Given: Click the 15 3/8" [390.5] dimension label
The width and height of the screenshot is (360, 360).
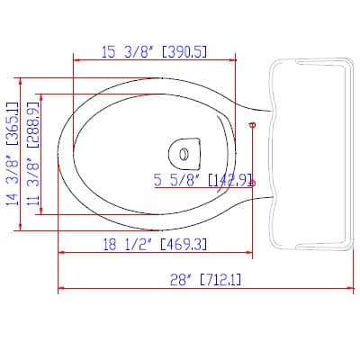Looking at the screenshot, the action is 155,52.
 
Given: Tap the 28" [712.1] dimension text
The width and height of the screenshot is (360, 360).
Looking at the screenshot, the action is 205,281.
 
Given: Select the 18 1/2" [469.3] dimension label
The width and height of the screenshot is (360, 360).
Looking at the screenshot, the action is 155,245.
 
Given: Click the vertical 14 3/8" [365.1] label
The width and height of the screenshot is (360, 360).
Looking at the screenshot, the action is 13,154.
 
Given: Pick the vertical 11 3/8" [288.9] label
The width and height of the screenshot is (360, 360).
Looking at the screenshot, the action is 33,154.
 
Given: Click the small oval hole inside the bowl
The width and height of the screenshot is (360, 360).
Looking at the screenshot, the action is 184,154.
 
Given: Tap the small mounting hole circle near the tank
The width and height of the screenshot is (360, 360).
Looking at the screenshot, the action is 253,125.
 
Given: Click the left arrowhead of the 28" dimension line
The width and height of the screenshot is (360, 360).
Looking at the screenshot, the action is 61,288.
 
